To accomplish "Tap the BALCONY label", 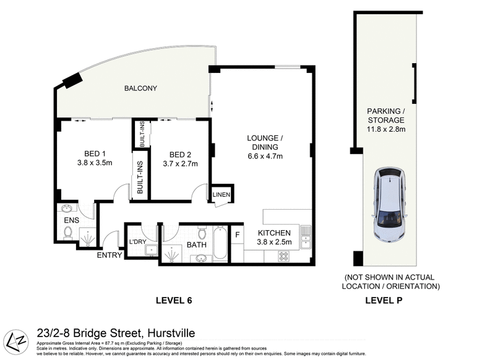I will click(140, 88).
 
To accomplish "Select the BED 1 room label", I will click(95, 154).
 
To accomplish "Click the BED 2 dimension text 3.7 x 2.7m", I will click(180, 164).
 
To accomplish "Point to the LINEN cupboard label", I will click(222, 195).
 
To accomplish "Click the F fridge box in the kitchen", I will click(237, 234).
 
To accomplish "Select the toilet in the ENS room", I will click(68, 233).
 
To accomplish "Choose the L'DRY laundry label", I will click(137, 241).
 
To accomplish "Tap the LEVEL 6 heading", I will click(173, 301).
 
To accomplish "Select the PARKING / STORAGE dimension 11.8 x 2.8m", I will click(384, 129).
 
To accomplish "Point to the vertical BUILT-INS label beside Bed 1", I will click(140, 178).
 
